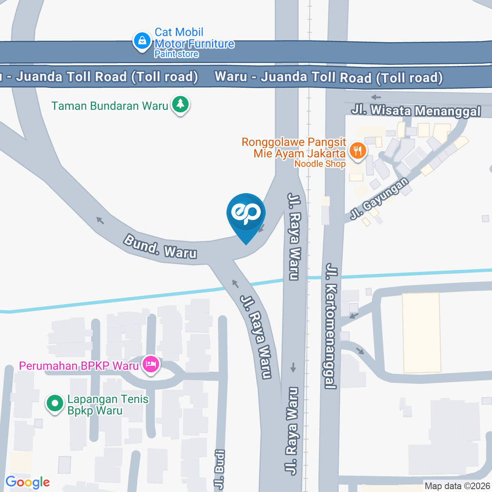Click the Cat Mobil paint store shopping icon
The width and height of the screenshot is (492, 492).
[x=141, y=42]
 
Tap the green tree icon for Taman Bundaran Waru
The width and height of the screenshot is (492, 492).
[x=180, y=106]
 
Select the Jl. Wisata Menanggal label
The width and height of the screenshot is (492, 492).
[x=416, y=111]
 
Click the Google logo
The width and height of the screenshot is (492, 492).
[x=27, y=482]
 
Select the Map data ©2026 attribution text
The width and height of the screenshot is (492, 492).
[x=456, y=486]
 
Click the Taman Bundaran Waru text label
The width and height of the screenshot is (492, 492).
[x=110, y=106]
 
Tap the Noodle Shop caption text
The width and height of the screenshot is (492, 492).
[x=320, y=163]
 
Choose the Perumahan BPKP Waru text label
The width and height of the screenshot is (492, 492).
[x=80, y=366]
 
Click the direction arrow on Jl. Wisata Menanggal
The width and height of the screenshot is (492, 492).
[x=377, y=97]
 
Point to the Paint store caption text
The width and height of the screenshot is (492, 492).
[x=176, y=54]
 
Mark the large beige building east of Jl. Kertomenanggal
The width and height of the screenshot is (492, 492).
[x=421, y=325]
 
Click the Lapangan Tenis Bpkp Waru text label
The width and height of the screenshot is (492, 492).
[x=108, y=404]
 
